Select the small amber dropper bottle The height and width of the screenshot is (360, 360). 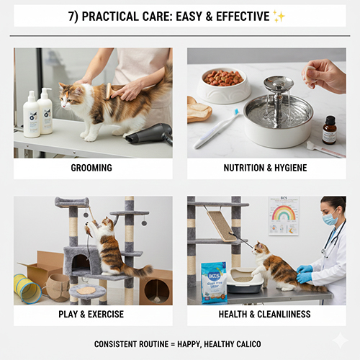[329, 130]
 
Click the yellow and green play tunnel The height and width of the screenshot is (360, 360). [27, 288]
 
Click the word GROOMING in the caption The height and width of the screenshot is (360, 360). [91, 168]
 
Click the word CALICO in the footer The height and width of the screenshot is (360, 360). [246, 344]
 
